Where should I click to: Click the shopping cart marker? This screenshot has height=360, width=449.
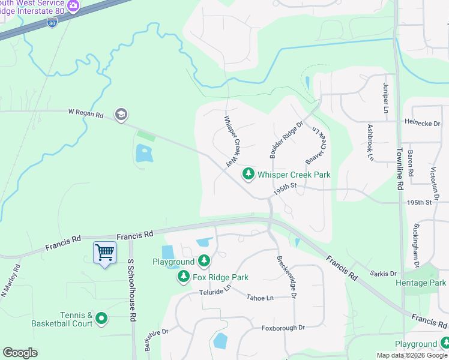(105, 253)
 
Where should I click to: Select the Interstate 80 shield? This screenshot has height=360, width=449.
(52, 22)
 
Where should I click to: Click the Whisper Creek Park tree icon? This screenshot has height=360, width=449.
(248, 174)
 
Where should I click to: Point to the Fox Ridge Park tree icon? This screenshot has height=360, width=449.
(183, 277)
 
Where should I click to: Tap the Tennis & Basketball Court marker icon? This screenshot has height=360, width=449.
(101, 319)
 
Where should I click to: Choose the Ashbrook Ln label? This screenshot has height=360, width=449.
(370, 143)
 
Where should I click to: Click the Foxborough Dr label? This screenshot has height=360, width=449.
(283, 328)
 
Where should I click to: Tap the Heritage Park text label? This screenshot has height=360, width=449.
(420, 282)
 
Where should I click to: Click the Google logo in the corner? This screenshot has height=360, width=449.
(20, 353)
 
